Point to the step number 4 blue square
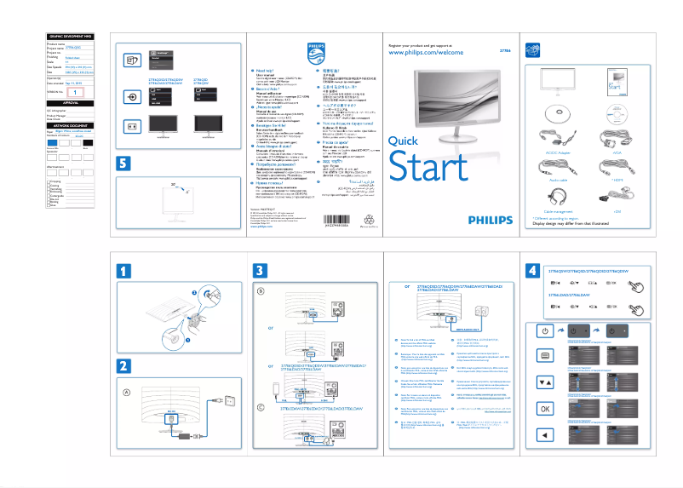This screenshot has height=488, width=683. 532,271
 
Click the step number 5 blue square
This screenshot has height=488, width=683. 124,163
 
